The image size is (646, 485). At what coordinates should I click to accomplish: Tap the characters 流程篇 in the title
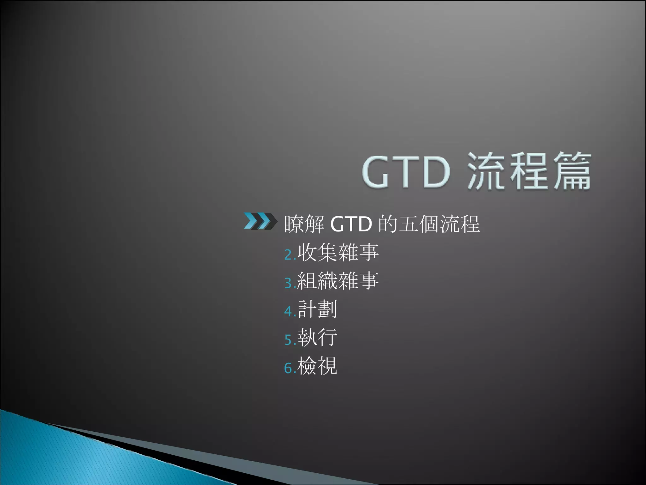click(529, 172)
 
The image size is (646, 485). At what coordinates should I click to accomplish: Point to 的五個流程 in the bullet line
click(429, 225)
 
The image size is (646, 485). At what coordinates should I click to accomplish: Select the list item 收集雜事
click(338, 252)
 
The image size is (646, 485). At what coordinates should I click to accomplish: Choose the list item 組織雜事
click(338, 281)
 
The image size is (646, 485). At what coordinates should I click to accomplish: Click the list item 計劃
click(317, 309)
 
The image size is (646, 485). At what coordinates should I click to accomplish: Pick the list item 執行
click(317, 338)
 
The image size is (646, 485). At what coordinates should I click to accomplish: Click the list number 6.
click(290, 368)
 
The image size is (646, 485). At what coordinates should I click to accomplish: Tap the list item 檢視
click(317, 366)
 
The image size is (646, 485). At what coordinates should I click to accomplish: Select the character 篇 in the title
click(572, 172)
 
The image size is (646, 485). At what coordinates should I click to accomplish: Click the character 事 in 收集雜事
click(369, 252)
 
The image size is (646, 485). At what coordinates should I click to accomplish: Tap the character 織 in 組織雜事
click(328, 281)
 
